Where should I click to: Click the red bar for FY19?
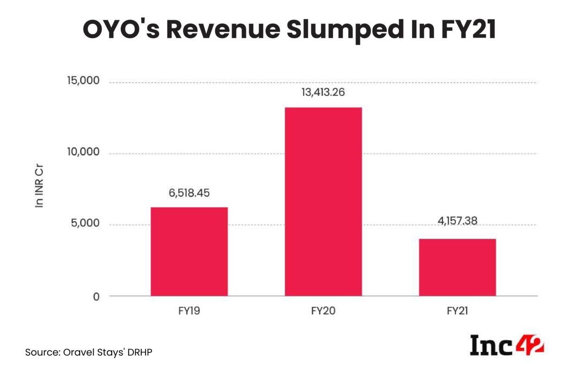point(189,251)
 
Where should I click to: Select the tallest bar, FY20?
point(323,201)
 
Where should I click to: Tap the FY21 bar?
point(457,267)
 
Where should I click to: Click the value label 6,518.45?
point(189,193)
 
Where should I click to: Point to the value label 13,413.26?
point(323,92)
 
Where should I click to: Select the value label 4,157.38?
point(457,222)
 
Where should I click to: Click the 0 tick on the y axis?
point(96,296)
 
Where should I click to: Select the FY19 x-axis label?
point(189,311)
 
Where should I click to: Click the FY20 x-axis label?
point(323,311)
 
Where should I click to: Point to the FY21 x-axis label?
point(457,311)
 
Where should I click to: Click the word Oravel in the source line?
point(74,352)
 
